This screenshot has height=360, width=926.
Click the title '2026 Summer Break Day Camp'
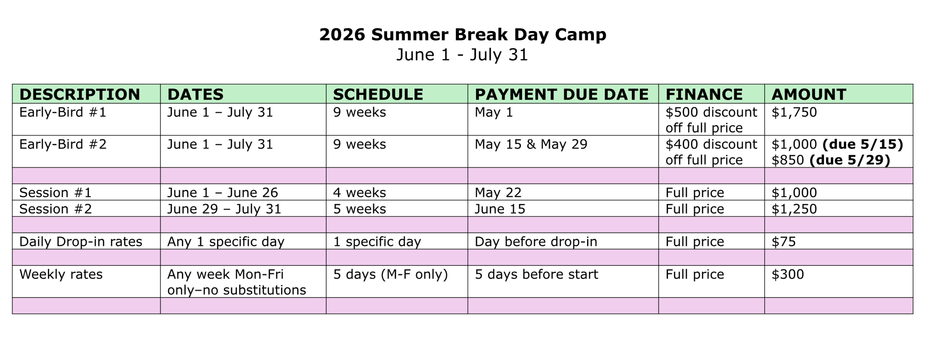click(463, 35)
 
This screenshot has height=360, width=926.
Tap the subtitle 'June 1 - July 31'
click(462, 55)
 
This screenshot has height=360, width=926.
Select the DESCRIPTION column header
click(80, 94)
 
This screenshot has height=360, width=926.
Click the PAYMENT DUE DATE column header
click(561, 94)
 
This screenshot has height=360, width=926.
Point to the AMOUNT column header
click(809, 94)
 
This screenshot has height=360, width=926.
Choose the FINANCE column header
click(704, 94)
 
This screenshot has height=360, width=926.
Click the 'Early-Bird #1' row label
click(63, 113)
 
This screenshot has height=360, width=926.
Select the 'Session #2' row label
click(55, 209)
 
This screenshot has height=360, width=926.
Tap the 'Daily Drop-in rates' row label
click(81, 242)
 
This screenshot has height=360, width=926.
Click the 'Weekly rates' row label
click(61, 274)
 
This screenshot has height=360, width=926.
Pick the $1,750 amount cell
click(794, 113)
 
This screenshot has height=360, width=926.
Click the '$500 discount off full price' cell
click(711, 120)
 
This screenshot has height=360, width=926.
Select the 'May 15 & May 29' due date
click(531, 144)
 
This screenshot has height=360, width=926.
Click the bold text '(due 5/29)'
click(850, 160)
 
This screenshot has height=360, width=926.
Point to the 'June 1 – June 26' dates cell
click(222, 193)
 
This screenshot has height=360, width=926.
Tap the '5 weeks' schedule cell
click(360, 209)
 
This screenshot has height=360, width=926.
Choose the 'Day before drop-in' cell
click(536, 242)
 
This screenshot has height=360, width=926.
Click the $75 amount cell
click(783, 242)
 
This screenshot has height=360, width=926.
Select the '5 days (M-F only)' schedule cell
click(390, 275)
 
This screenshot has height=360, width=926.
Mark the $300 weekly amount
click(787, 274)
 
